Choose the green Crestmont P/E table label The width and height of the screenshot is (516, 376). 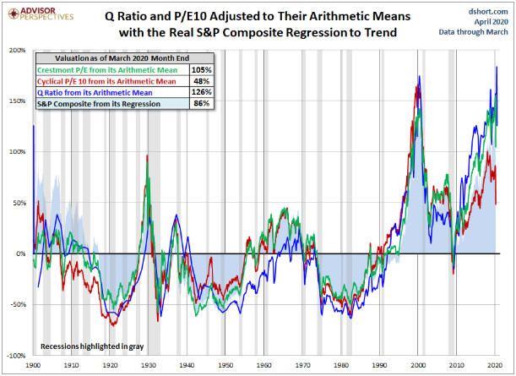(102, 69)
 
